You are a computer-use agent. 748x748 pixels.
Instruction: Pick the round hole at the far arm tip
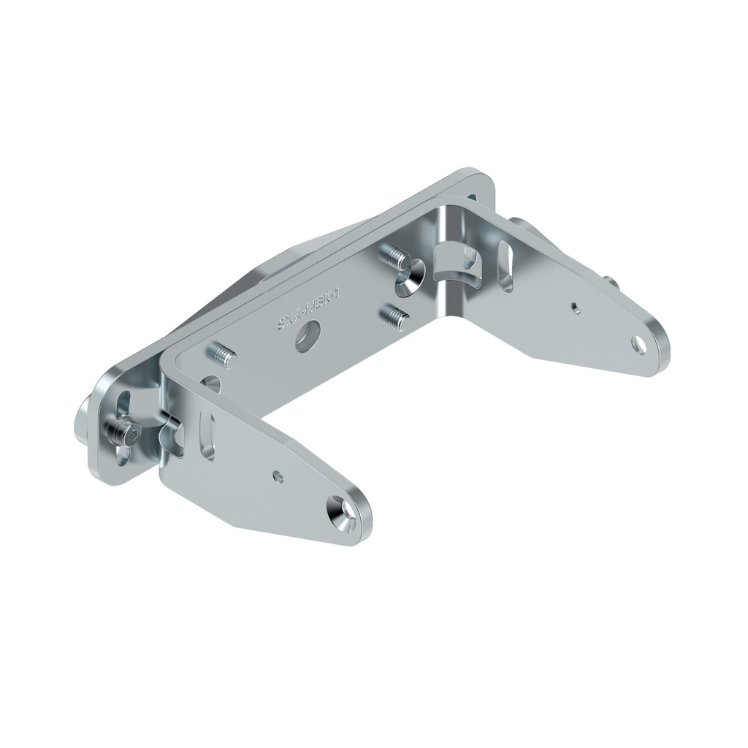coord(641,341)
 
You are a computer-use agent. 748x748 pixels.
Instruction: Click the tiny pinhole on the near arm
coord(276,476)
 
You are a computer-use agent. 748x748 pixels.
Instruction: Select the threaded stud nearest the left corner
coord(224,356)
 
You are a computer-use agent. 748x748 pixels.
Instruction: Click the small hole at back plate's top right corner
coord(473,197)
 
